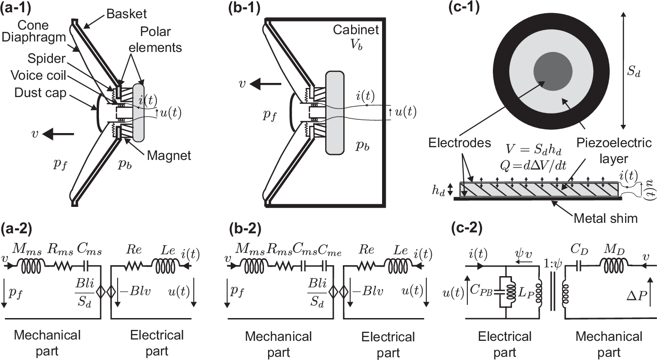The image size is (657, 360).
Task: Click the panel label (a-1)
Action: click(x=17, y=8)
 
